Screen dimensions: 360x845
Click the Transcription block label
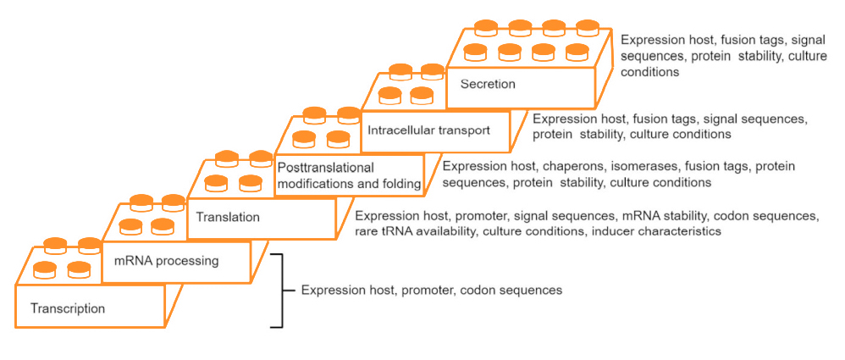click(x=68, y=308)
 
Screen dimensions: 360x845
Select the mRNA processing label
click(x=166, y=261)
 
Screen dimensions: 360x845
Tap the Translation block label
click(x=228, y=217)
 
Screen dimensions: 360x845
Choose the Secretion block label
click(x=488, y=84)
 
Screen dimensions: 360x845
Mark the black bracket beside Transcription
click(x=278, y=290)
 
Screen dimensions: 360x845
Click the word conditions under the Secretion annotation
click(x=650, y=72)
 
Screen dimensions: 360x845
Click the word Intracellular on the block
click(x=400, y=131)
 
